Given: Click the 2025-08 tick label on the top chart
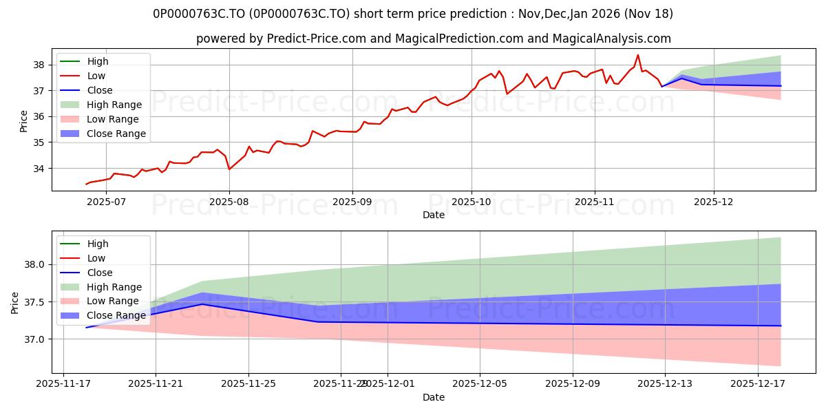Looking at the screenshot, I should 229,201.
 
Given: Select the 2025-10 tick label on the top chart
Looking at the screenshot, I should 472,201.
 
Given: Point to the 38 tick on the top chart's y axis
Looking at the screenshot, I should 39,65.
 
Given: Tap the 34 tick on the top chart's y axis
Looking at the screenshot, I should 39,168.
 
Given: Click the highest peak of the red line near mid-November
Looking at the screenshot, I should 637,55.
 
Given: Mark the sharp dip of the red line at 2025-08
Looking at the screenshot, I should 229,169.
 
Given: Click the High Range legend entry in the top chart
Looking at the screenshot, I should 114,105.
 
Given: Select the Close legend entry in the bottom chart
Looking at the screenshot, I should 100,273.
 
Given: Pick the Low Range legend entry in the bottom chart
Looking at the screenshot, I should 112,301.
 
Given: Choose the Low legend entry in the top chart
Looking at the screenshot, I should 96,76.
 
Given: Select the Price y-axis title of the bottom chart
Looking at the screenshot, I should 15,302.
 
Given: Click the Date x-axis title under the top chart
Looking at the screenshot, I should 434,215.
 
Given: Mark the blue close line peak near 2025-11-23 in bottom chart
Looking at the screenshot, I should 202,304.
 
